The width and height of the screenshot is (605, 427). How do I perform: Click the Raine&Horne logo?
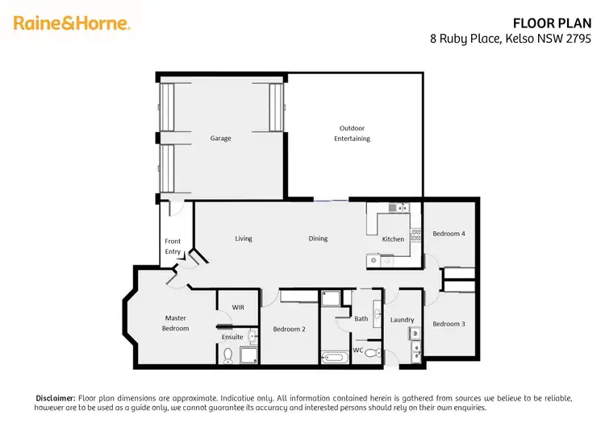tap(71, 23)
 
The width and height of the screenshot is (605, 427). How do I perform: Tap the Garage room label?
tap(220, 139)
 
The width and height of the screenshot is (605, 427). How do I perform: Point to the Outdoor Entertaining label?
tap(352, 134)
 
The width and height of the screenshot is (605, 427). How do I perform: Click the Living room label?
tap(244, 238)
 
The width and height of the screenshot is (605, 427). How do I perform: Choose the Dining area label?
tap(318, 238)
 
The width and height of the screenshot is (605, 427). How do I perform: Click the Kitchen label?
tap(393, 239)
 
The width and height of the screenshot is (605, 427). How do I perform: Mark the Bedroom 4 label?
tap(449, 234)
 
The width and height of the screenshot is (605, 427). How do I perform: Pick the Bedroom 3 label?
tap(449, 324)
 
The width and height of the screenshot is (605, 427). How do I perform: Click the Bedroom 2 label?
tap(289, 329)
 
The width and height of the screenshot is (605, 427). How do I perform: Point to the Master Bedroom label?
tap(176, 323)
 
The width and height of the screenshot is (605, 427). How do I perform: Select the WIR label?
tap(238, 307)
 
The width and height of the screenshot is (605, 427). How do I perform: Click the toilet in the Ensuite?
tap(227, 354)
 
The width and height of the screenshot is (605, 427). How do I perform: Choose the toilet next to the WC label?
tap(371, 353)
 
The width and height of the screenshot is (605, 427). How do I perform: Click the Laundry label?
tap(402, 320)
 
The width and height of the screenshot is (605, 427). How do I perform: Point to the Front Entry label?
tap(173, 247)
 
